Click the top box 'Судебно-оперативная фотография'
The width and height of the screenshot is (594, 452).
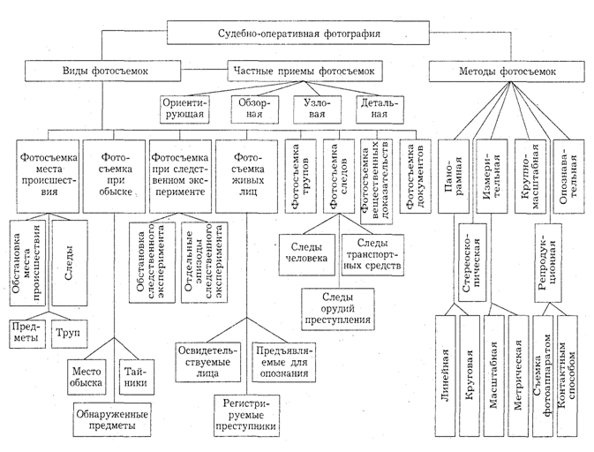298,33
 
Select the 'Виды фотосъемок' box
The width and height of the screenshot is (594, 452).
102,71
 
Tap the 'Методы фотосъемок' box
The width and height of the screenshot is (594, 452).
508,71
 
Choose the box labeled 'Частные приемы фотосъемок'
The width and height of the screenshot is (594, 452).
305,71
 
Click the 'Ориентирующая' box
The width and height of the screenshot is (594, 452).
184,109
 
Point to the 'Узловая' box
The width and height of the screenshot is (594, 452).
317,109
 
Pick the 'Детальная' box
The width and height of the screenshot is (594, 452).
380,109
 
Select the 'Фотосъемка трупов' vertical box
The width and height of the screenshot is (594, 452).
300,177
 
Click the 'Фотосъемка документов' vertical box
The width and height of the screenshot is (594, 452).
415,177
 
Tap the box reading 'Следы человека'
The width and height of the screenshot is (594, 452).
307,254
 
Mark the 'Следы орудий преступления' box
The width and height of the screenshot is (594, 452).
338,309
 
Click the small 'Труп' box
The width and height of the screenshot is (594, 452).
70,335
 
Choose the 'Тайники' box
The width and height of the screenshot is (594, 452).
136,377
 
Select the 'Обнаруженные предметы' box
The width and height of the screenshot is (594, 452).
112,419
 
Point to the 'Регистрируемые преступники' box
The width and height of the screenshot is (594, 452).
246,415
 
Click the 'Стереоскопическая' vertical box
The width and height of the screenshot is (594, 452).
472,262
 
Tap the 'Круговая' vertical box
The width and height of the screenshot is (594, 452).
470,375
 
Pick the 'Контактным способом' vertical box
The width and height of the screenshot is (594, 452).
568,375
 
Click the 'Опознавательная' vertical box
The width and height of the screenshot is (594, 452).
568,177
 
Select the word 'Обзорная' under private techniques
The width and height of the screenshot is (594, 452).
254,109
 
